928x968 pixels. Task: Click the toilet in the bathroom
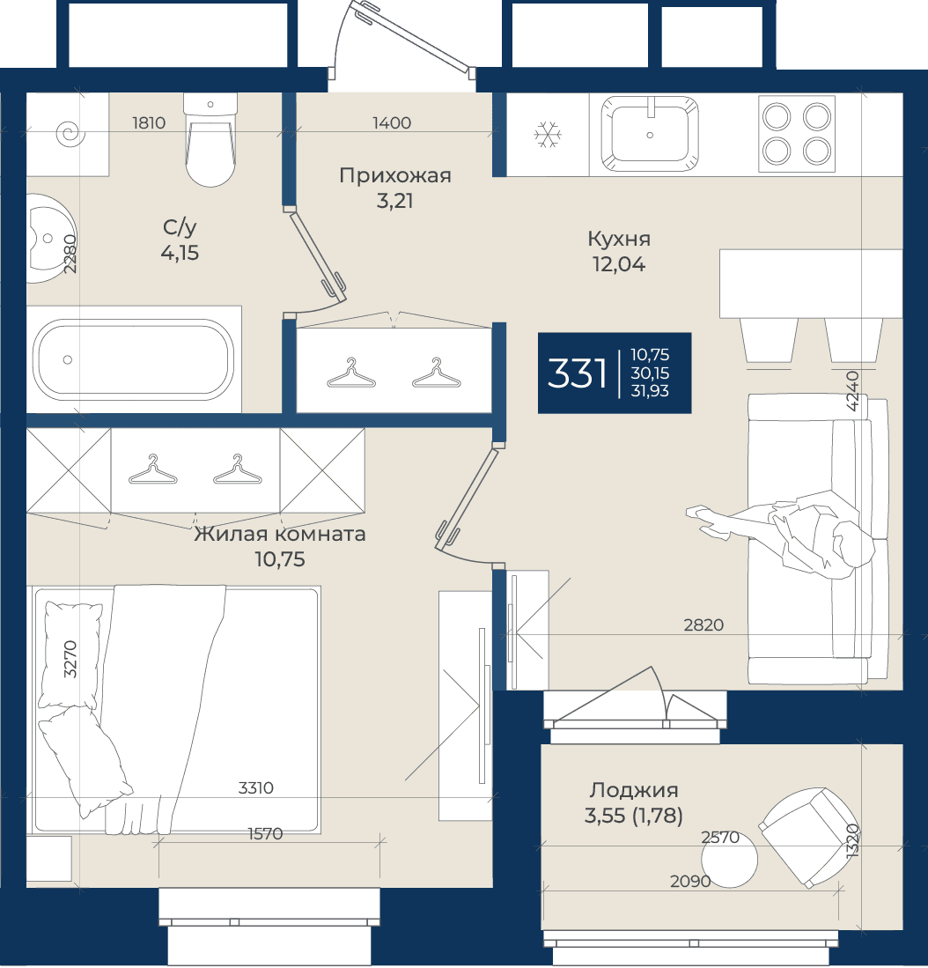tap(210, 141)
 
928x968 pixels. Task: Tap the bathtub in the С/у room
tap(133, 359)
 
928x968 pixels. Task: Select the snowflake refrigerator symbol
tap(548, 135)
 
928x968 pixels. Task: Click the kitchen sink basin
tap(650, 134)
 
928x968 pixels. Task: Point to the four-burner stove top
tap(797, 134)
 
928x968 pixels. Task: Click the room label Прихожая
tap(395, 175)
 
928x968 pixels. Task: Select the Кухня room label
tap(619, 239)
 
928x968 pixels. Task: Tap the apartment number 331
tap(577, 373)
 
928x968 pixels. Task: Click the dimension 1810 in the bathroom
tap(149, 122)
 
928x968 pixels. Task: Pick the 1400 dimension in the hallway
tap(392, 122)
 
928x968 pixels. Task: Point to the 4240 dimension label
tap(852, 391)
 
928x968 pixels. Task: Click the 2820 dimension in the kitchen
tap(703, 624)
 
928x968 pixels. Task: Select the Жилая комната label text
tap(280, 534)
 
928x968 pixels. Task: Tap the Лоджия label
tap(634, 789)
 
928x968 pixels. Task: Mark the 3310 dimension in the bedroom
tap(256, 787)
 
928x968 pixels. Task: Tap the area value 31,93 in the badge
tap(650, 391)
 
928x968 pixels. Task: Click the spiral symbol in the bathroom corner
tap(70, 133)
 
